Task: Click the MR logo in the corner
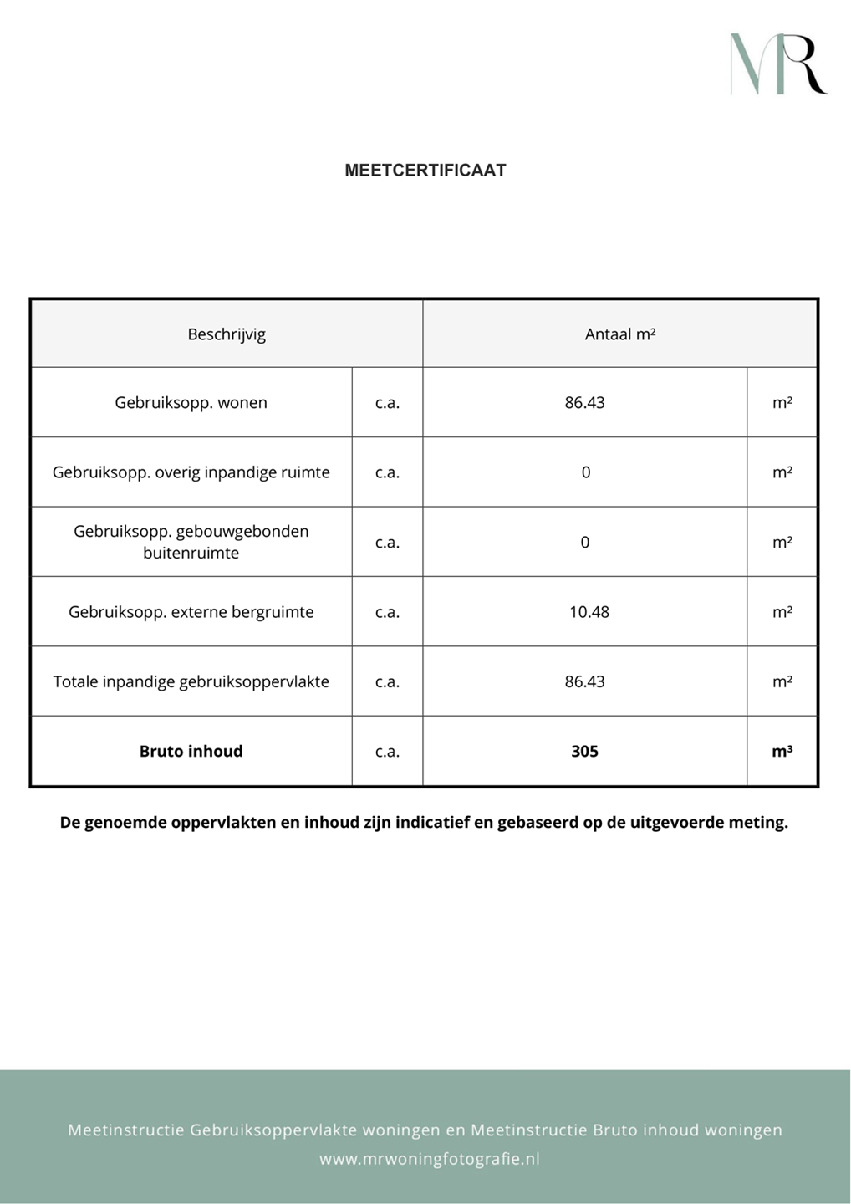pos(778,64)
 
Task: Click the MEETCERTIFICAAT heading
pos(425,171)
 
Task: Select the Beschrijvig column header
pos(227,334)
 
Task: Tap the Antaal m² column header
pos(620,334)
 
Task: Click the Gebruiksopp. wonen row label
pos(191,403)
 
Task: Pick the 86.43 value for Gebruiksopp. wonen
pos(584,403)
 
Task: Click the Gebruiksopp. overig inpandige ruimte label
pos(191,472)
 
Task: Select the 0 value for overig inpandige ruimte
pos(585,472)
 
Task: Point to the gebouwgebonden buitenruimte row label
pos(191,542)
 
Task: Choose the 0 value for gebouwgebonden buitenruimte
pos(585,543)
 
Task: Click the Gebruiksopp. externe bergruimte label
pos(191,612)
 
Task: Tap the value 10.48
pos(589,612)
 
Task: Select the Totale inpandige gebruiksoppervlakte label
pos(191,681)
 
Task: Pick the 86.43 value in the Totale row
pos(584,681)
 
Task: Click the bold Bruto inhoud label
pos(191,752)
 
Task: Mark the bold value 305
pos(584,752)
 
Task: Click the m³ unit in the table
pos(782,752)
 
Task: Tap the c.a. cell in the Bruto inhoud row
pos(387,752)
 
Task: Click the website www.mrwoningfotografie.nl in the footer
pos(430,1159)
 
